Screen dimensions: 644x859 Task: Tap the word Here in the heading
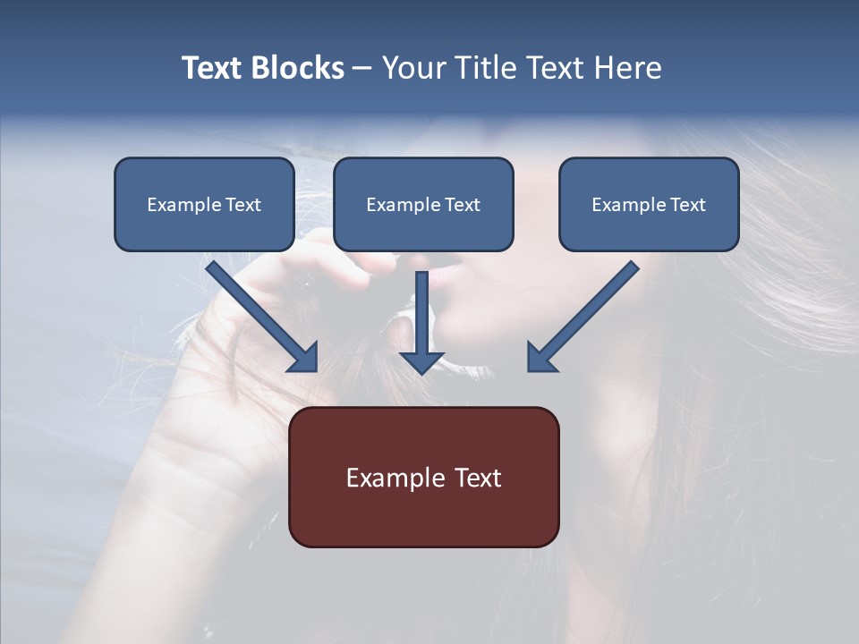[626, 68]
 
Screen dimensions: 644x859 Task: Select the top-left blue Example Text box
[204, 205]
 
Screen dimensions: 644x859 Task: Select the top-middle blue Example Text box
[423, 205]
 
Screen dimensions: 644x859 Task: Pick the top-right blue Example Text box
[649, 205]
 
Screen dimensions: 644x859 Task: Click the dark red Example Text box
[423, 477]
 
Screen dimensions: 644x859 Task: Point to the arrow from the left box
[259, 313]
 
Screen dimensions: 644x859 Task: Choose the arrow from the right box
[586, 313]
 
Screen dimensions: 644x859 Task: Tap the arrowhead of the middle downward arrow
[421, 361]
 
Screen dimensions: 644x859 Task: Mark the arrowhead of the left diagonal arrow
[304, 358]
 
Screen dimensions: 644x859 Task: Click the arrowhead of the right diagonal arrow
[540, 358]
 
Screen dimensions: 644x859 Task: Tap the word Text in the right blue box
[687, 205]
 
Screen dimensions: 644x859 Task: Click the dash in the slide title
[362, 69]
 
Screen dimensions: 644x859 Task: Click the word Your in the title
[412, 68]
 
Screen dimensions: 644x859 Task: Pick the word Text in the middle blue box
[462, 205]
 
